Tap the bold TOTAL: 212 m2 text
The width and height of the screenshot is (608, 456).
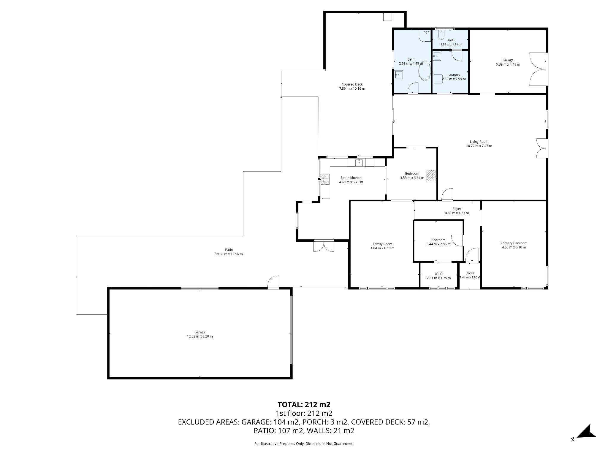click(304, 405)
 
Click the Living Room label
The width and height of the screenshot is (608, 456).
click(479, 142)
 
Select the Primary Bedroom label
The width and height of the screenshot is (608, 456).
click(514, 243)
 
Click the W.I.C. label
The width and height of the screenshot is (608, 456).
click(438, 274)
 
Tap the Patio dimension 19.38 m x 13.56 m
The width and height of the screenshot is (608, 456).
click(229, 254)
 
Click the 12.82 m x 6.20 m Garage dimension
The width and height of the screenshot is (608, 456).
click(200, 336)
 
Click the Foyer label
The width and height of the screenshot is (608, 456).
click(457, 209)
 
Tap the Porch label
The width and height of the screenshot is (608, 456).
click(470, 273)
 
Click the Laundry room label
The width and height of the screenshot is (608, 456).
click(454, 75)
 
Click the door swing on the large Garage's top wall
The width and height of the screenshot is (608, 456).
click(273, 282)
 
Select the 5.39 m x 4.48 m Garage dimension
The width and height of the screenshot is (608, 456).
click(508, 64)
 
